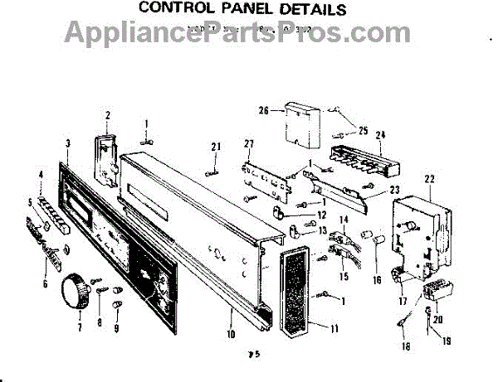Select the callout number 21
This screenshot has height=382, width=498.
pos(216,147)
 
